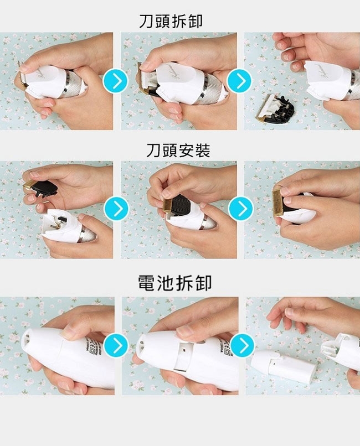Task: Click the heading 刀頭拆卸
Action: click(x=171, y=21)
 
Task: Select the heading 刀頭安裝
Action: click(x=178, y=150)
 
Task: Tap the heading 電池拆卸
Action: click(x=174, y=283)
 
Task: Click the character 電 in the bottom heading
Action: click(x=147, y=283)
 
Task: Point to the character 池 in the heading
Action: click(x=166, y=283)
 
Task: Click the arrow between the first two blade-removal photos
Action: click(x=116, y=81)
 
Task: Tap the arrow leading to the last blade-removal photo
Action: click(x=240, y=81)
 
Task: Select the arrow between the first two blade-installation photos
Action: click(x=117, y=208)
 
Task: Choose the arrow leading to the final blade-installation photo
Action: click(x=241, y=208)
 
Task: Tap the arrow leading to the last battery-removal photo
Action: click(x=243, y=345)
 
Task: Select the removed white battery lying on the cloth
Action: click(x=283, y=367)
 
